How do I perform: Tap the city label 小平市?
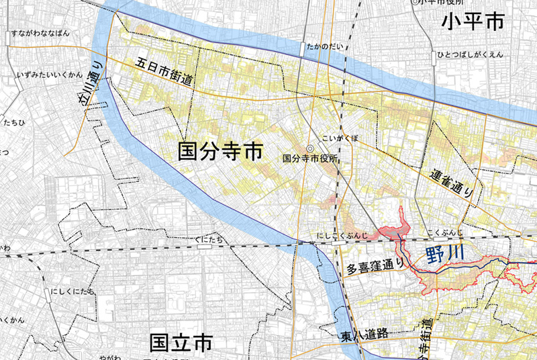(x=473, y=23)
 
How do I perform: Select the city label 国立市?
(x=181, y=343)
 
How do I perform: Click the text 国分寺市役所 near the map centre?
(x=309, y=160)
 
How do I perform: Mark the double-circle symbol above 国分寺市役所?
(x=309, y=149)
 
